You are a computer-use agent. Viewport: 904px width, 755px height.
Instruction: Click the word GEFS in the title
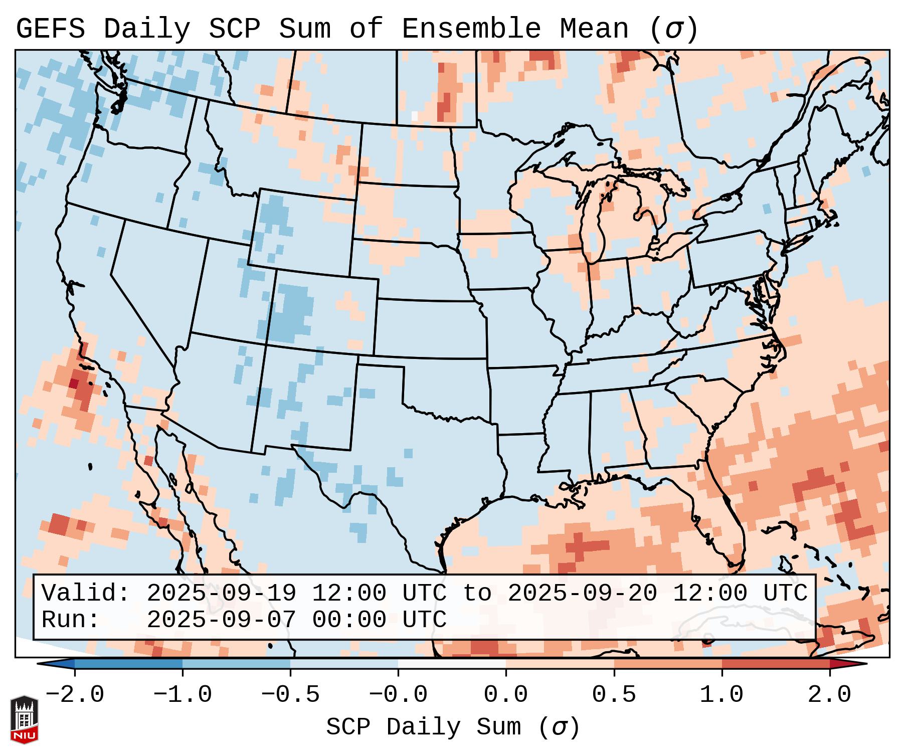click(50, 29)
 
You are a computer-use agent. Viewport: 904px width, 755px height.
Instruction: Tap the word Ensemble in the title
click(471, 29)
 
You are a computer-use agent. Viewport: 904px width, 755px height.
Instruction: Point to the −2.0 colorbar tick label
click(75, 695)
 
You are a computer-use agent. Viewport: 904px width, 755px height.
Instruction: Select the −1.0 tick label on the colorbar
click(183, 695)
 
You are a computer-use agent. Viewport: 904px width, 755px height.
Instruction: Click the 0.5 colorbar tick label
click(614, 695)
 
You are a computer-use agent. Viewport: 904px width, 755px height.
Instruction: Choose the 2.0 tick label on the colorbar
click(829, 695)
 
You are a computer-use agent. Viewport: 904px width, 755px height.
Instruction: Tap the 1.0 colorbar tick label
click(721, 695)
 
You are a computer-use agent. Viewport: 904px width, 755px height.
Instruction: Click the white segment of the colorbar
click(452, 664)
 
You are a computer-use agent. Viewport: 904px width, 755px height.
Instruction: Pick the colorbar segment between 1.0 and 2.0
click(775, 664)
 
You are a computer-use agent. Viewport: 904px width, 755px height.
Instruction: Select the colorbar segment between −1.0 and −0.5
click(236, 664)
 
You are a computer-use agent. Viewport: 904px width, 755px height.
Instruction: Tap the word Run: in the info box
click(70, 620)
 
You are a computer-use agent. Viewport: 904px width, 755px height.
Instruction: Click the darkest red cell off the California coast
click(73, 384)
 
